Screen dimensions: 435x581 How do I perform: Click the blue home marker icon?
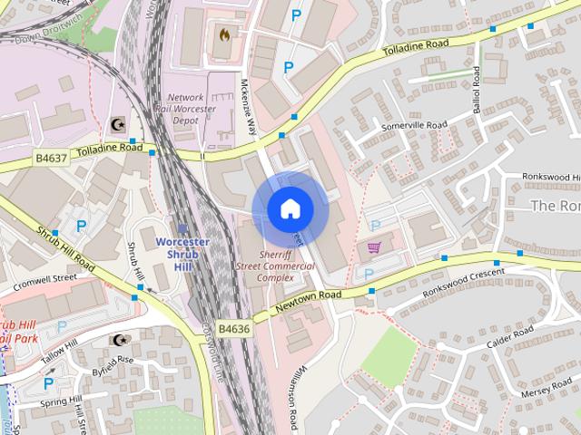point(290,209)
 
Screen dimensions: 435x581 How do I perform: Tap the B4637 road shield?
point(52,158)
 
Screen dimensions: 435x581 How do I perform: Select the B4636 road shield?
point(234,328)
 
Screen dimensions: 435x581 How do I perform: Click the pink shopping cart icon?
point(374,246)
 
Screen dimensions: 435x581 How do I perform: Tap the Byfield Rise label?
point(113,361)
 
